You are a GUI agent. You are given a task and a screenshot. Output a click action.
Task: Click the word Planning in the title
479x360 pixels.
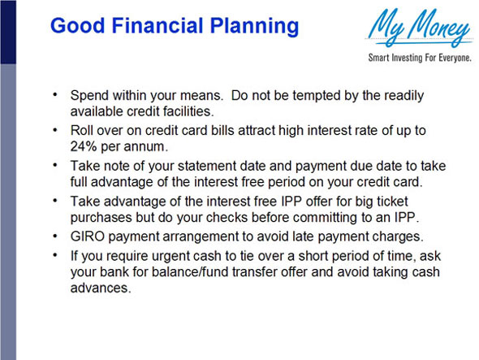click(x=254, y=27)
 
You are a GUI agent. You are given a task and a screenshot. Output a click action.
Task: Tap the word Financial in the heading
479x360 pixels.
click(x=158, y=25)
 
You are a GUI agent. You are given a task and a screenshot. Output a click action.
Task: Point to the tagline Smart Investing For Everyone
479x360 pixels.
click(x=420, y=58)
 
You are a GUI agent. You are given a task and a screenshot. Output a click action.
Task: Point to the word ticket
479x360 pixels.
click(x=393, y=202)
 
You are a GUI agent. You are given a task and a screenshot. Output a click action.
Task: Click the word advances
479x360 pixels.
click(x=101, y=288)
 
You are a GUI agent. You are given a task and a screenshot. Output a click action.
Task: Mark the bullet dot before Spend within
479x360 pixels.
click(x=55, y=94)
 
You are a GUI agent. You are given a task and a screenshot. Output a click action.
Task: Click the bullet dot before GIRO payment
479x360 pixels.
click(x=55, y=236)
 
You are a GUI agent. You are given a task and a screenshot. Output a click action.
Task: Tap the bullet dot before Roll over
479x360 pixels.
click(x=55, y=130)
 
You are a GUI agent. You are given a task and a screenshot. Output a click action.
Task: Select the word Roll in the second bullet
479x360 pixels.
click(x=80, y=131)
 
